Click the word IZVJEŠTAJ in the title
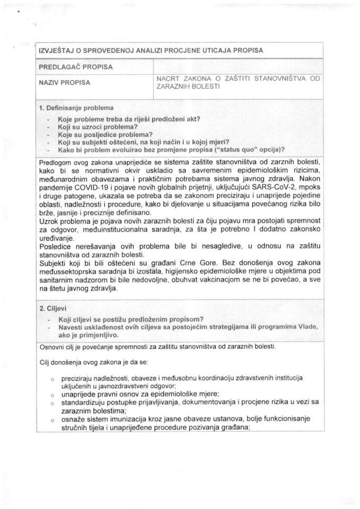click(x=57, y=50)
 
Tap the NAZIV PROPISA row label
click(x=64, y=82)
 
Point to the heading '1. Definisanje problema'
click(x=76, y=108)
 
